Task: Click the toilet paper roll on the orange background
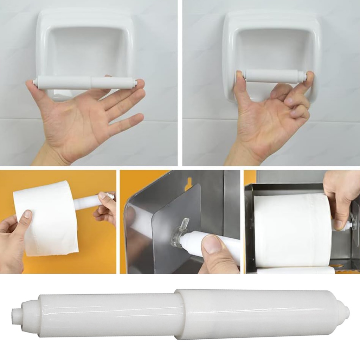(46, 218)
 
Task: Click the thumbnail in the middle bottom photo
(212, 245)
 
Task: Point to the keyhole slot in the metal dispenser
(189, 183)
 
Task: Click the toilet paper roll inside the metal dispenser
(292, 230)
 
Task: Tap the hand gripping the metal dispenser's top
(339, 197)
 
